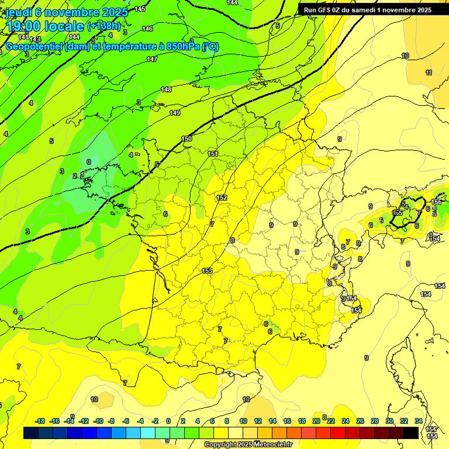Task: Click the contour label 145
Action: [140, 9]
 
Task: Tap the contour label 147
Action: [152, 59]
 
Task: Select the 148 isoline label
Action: [166, 89]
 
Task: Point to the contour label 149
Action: [175, 113]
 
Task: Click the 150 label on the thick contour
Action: [186, 139]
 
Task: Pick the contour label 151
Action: [213, 154]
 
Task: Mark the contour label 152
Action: [222, 198]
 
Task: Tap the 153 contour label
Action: [207, 270]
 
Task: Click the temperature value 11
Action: [429, 72]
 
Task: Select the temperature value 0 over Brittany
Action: [89, 162]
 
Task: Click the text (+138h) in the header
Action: [103, 26]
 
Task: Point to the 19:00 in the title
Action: [25, 26]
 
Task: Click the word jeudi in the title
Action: [18, 12]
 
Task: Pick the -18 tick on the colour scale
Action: [40, 421]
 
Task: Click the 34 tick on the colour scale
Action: [418, 421]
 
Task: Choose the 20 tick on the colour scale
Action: [316, 421]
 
